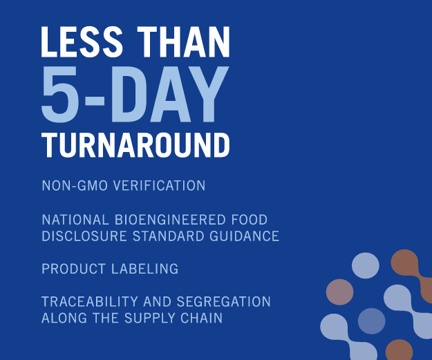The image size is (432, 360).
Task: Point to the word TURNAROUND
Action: click(x=135, y=146)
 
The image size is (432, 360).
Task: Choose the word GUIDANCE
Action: click(x=245, y=236)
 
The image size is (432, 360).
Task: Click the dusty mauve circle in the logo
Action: click(x=339, y=292)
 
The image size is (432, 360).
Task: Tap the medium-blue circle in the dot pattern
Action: click(x=371, y=321)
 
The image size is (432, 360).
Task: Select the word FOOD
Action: click(x=250, y=220)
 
